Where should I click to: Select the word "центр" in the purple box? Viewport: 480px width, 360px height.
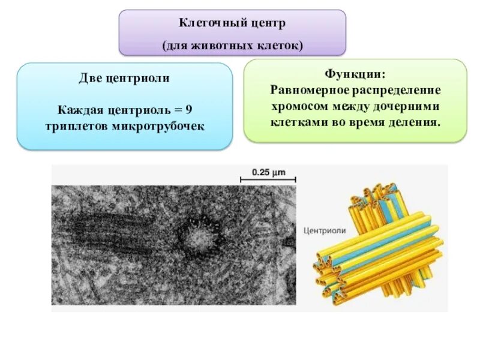(x=267, y=24)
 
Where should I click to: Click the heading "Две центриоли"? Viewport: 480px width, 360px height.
(x=124, y=78)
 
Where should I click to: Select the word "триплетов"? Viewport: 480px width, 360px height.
(x=73, y=126)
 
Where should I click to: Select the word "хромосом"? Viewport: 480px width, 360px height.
(x=299, y=106)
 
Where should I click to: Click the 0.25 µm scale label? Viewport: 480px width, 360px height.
(x=268, y=172)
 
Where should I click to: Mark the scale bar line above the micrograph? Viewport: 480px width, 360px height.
(x=268, y=179)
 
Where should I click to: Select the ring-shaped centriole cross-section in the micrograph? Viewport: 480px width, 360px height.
(x=196, y=238)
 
